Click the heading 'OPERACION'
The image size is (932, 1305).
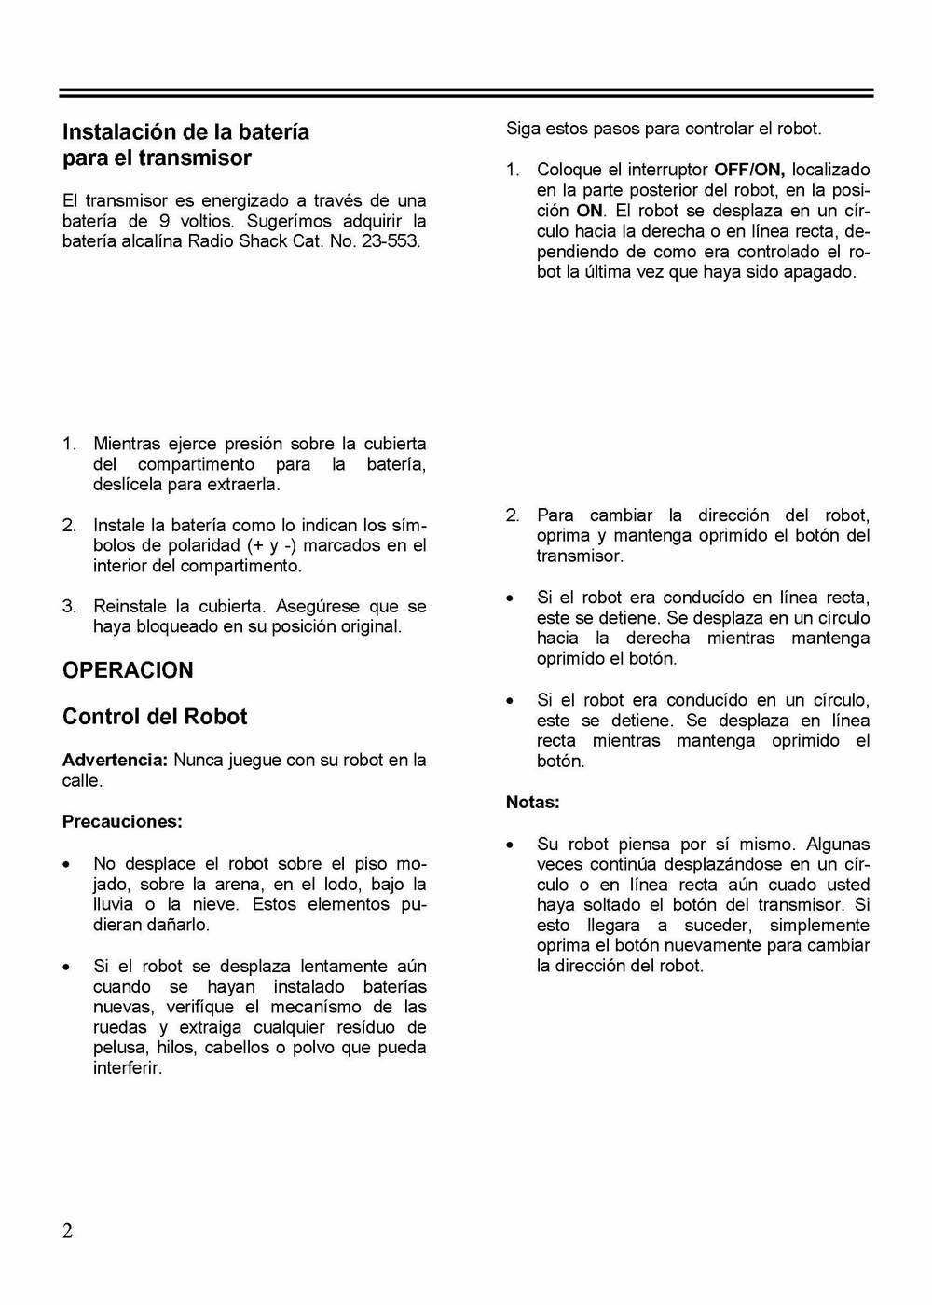click(128, 670)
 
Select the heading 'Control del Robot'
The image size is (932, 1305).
click(155, 717)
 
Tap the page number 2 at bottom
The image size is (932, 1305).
click(67, 1230)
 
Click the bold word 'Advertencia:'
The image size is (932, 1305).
click(115, 760)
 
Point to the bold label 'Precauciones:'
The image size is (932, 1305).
click(122, 821)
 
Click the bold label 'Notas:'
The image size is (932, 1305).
click(532, 802)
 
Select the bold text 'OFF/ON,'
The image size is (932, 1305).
click(749, 170)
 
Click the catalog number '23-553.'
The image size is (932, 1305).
click(391, 240)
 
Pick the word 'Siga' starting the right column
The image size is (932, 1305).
click(523, 129)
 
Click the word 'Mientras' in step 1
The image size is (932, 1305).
click(127, 444)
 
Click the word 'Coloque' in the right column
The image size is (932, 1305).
click(569, 170)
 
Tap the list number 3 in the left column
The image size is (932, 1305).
click(69, 606)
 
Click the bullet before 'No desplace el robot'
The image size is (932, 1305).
click(66, 865)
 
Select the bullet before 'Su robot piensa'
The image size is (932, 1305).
click(510, 845)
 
